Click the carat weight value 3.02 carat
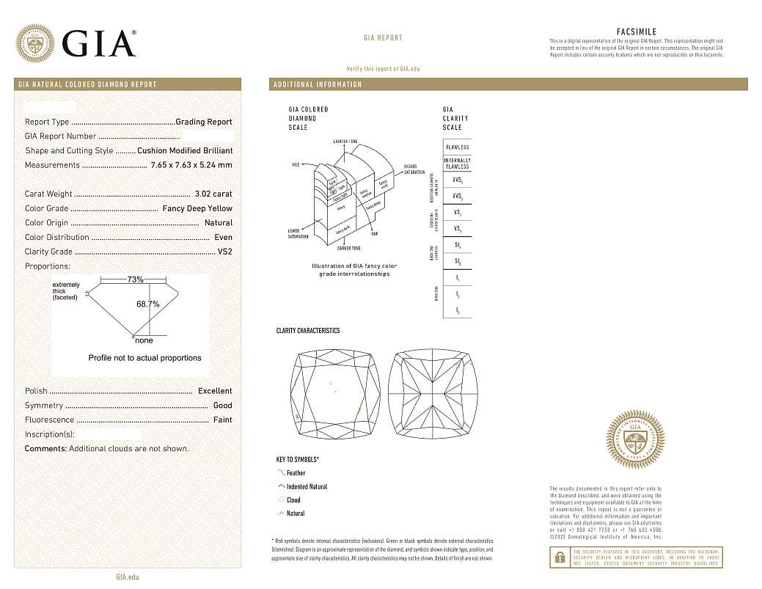click(x=213, y=194)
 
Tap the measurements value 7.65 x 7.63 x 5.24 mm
click(x=191, y=165)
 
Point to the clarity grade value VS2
click(x=224, y=252)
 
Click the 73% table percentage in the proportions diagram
click(x=135, y=279)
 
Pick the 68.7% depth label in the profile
click(x=147, y=304)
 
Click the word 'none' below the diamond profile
click(x=144, y=341)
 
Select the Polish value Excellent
click(x=215, y=391)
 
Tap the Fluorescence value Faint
click(x=222, y=420)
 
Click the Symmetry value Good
click(x=222, y=406)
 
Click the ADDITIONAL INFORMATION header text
click(x=318, y=84)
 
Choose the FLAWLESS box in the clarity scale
click(x=457, y=147)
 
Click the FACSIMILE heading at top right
click(x=637, y=32)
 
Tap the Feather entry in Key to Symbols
click(x=296, y=473)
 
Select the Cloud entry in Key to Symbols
click(x=293, y=500)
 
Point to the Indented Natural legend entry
click(x=307, y=487)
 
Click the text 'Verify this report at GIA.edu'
click(x=383, y=68)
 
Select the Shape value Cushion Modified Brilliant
click(x=185, y=150)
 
